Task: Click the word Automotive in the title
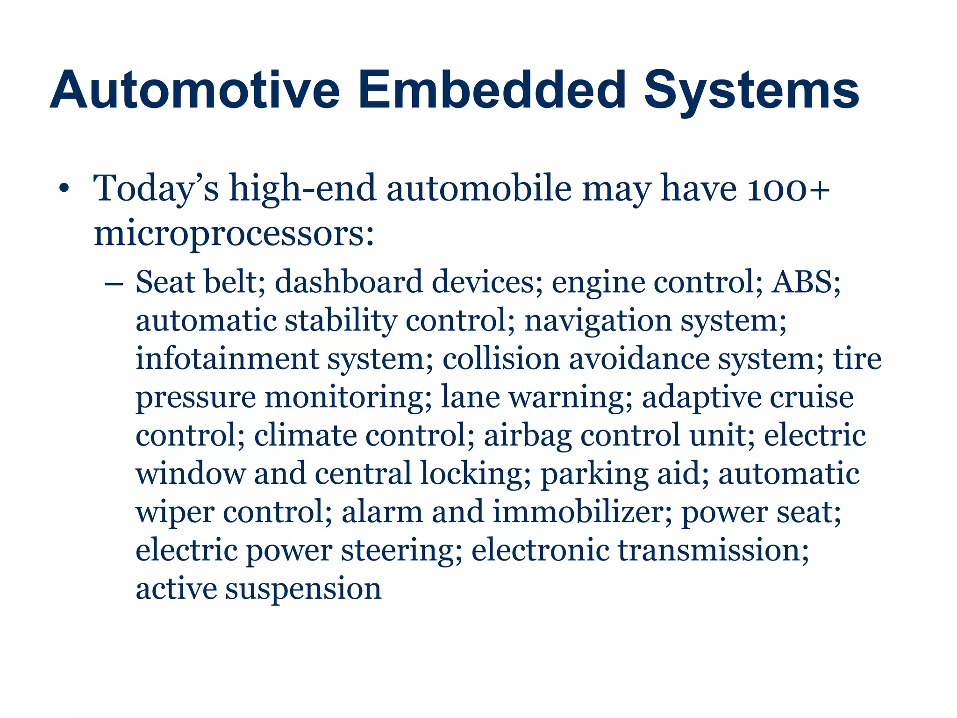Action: pyautogui.click(x=195, y=90)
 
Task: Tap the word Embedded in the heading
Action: pyautogui.click(x=493, y=90)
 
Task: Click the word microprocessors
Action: pyautogui.click(x=234, y=234)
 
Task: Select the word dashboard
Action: pyautogui.click(x=349, y=282)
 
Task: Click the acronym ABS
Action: pyautogui.click(x=805, y=282)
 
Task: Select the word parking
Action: pyautogui.click(x=594, y=474)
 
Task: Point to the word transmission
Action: pyautogui.click(x=714, y=550)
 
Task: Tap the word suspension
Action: pyautogui.click(x=303, y=589)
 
